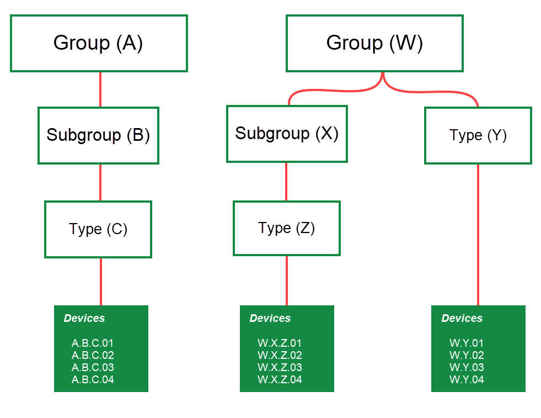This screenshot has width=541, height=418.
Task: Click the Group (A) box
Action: tap(99, 43)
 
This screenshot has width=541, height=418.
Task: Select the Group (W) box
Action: tap(374, 43)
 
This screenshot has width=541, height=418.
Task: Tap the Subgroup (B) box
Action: tap(98, 135)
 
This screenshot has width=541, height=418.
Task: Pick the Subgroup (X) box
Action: tap(287, 134)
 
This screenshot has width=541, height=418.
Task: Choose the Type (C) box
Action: tap(98, 229)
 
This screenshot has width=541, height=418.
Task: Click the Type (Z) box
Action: tap(287, 228)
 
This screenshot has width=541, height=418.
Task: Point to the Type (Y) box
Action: tap(478, 135)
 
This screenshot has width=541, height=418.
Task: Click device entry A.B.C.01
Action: tap(93, 343)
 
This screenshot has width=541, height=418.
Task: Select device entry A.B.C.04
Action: tap(93, 379)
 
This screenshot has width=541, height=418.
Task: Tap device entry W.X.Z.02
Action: tap(280, 355)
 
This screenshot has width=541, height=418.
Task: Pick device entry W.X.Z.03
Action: tap(280, 367)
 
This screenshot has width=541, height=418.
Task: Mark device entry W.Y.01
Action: tap(467, 343)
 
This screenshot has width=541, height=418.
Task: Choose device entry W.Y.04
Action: tap(467, 379)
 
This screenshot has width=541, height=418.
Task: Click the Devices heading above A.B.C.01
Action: tap(84, 318)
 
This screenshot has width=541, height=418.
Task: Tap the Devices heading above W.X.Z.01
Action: tap(270, 318)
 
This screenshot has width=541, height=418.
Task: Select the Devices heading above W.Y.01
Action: tap(462, 318)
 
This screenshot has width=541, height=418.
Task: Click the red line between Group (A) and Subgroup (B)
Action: tap(100, 89)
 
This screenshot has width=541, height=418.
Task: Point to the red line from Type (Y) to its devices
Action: tap(478, 235)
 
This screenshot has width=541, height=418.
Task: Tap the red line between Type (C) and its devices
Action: tap(101, 281)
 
